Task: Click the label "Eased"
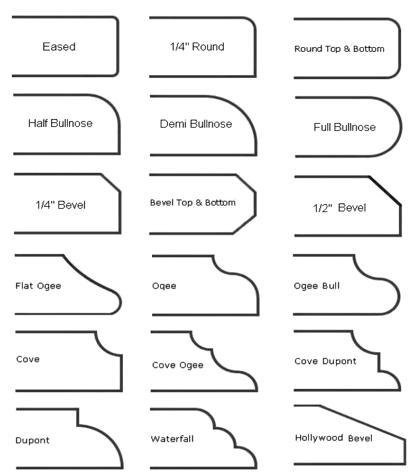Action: coord(59,47)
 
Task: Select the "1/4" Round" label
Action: coord(197,47)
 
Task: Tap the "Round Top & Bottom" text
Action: coord(339,49)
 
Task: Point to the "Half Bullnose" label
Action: coord(60,123)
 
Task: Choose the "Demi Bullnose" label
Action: coord(196,124)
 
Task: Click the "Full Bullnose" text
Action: coord(345,127)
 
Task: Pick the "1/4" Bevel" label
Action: coord(60,205)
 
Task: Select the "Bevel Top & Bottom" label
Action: coord(193,202)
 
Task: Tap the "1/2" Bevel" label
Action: coord(339,207)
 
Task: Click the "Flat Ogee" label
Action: coord(38,286)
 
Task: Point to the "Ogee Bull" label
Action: coord(317,286)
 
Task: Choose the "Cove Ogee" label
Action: coord(178,365)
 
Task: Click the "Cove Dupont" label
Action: coord(325,361)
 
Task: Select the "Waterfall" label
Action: coord(173,439)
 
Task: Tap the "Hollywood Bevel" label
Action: coord(333,437)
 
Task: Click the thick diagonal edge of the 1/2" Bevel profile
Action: coord(385,191)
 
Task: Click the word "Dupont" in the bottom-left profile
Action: coord(33,440)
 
